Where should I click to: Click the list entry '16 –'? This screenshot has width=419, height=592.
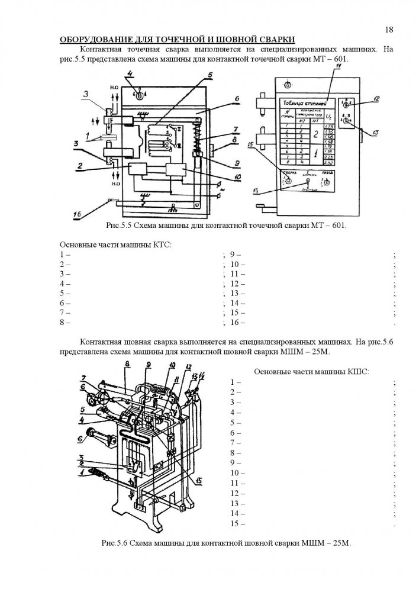[237, 323]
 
